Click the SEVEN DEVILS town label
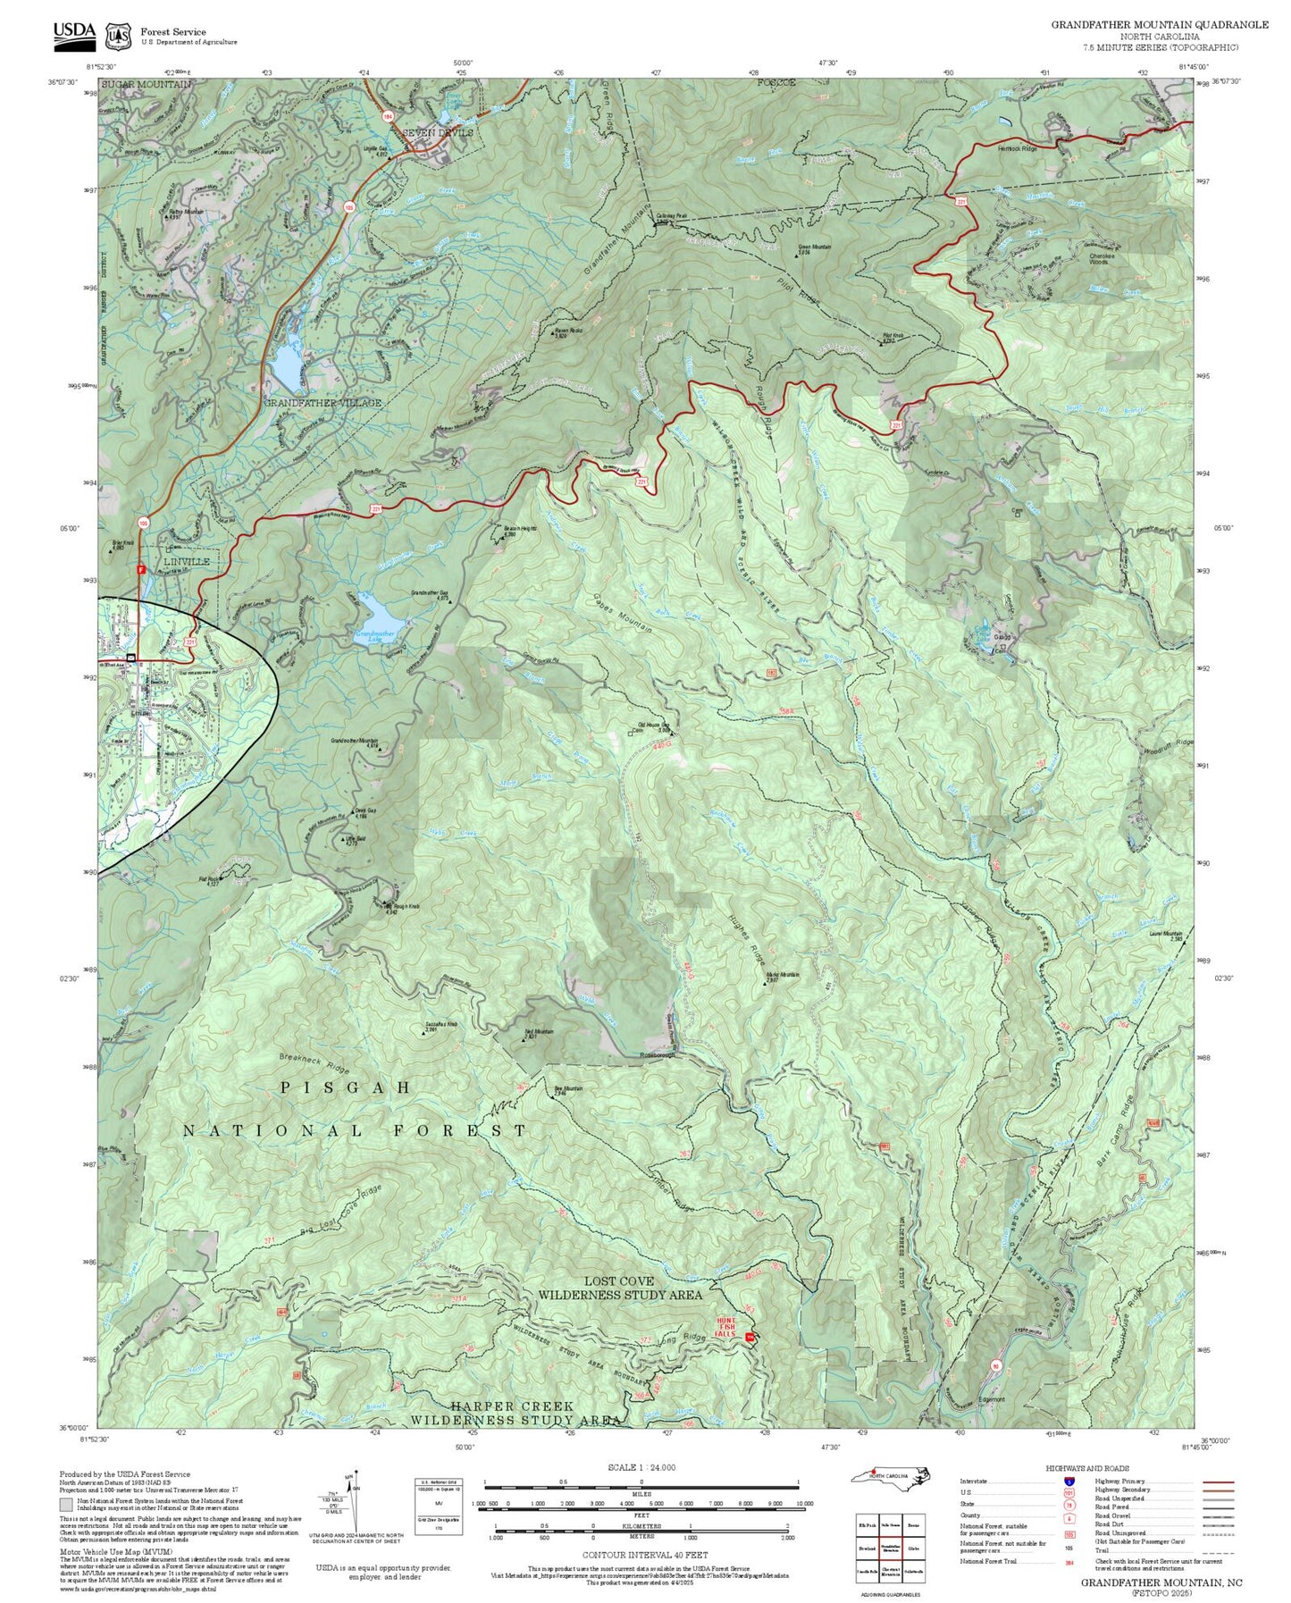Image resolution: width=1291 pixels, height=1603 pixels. coord(437,133)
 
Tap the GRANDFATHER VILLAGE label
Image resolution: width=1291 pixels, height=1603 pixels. coord(322,403)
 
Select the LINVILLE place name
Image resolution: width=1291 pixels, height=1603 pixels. coord(187,562)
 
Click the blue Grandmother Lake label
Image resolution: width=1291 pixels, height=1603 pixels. coord(375,636)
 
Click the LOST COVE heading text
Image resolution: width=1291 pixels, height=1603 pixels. coord(619,1281)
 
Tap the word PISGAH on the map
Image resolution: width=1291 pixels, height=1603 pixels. coord(346,1087)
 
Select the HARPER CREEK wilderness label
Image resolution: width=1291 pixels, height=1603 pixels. coord(512,1406)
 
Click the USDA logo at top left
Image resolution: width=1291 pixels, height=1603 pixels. coord(74,32)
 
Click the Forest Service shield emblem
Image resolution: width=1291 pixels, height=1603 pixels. coord(117,36)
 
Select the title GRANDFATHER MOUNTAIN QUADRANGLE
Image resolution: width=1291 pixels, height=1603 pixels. coord(1146,25)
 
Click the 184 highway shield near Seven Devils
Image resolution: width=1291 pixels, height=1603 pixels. coord(387,117)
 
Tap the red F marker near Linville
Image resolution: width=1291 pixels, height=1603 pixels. coord(140,568)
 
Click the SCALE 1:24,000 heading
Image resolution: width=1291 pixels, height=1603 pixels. coord(641,1467)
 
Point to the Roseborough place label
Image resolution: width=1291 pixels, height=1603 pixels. coord(659,1055)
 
